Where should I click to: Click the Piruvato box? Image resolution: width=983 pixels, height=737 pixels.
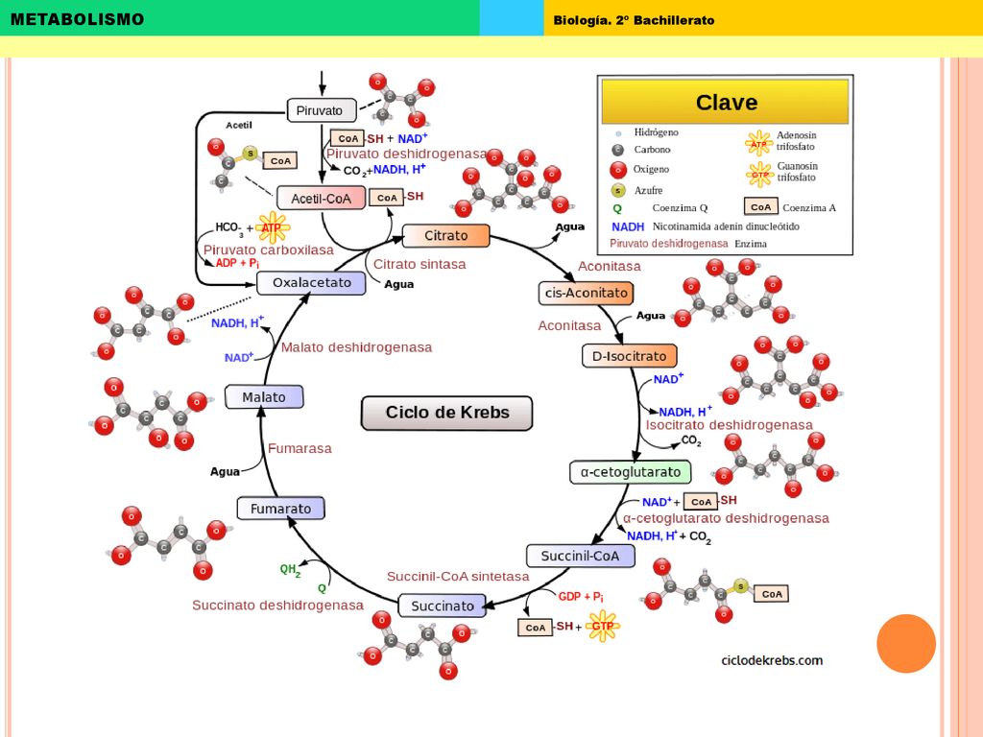322,110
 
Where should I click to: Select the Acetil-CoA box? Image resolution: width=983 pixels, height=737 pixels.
321,198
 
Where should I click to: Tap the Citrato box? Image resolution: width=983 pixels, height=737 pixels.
445,236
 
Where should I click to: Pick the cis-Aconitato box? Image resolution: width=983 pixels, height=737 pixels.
587,293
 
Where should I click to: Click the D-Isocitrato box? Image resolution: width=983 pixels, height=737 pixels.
630,356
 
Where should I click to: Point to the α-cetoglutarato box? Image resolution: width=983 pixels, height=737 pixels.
631,472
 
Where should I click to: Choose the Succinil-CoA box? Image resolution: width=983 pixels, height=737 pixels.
581,556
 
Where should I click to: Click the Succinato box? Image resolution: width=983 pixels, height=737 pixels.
443,606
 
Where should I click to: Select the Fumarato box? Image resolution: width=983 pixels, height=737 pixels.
281,509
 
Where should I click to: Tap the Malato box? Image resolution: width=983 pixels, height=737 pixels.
264,397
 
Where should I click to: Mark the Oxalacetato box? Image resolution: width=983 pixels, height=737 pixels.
312,283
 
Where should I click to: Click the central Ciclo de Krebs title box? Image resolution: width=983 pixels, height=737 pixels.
447,413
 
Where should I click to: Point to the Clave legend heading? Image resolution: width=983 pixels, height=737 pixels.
726,102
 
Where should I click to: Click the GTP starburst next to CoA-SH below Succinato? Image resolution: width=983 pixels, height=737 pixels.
603,626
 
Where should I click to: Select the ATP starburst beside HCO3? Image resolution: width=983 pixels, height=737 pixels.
272,227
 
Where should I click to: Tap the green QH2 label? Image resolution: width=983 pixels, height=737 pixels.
290,570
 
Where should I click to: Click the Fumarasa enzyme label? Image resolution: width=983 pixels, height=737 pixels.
300,448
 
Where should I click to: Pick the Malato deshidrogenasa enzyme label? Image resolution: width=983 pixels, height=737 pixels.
356,347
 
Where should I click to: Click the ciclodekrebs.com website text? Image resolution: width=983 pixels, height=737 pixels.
772,660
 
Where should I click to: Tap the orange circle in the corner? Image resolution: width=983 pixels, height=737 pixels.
906,644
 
